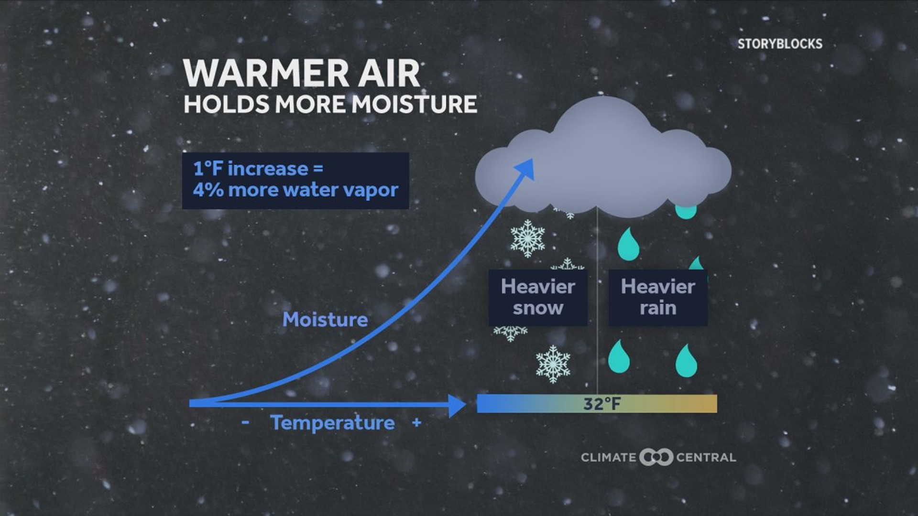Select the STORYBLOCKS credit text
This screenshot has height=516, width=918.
point(779,44)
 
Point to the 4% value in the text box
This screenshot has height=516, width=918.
point(208,190)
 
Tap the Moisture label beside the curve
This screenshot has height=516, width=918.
point(325,320)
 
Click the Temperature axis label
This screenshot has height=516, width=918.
point(332,423)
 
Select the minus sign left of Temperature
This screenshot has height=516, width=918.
point(245,422)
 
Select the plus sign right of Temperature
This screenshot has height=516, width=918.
point(416,422)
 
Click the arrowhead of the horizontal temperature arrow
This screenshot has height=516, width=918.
point(457,405)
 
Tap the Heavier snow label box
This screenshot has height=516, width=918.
point(538,297)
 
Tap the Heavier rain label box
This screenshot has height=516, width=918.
point(657,297)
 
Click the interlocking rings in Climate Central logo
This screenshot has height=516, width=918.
point(656,457)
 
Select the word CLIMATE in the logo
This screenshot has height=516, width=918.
point(608,458)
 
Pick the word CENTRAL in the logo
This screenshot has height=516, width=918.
point(706,458)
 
